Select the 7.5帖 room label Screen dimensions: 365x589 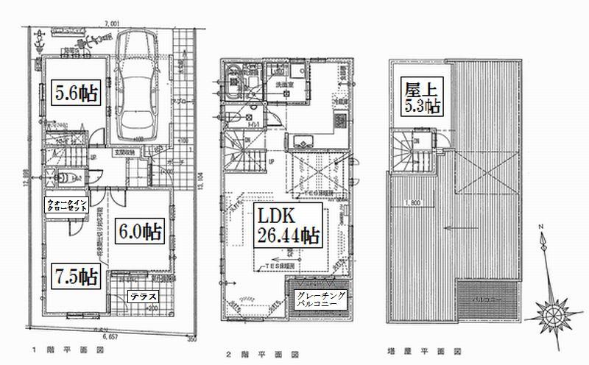[76, 277]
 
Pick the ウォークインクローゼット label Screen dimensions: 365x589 [67, 204]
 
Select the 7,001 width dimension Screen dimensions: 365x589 [113, 24]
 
